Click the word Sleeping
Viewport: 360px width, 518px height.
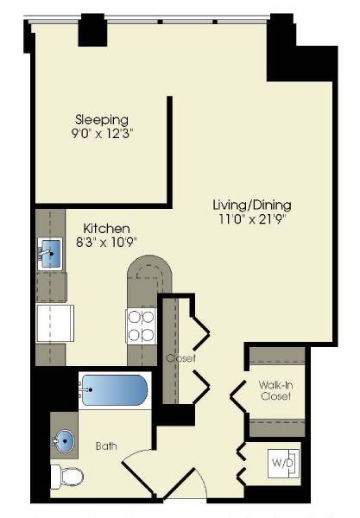click(x=102, y=119)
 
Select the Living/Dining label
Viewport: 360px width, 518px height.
click(x=252, y=205)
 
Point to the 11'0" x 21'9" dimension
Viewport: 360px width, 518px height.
click(x=252, y=219)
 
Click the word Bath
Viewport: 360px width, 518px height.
click(x=106, y=446)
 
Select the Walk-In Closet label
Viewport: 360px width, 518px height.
click(x=275, y=390)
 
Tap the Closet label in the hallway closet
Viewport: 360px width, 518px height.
click(x=181, y=357)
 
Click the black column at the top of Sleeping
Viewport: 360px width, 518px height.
click(x=92, y=32)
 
